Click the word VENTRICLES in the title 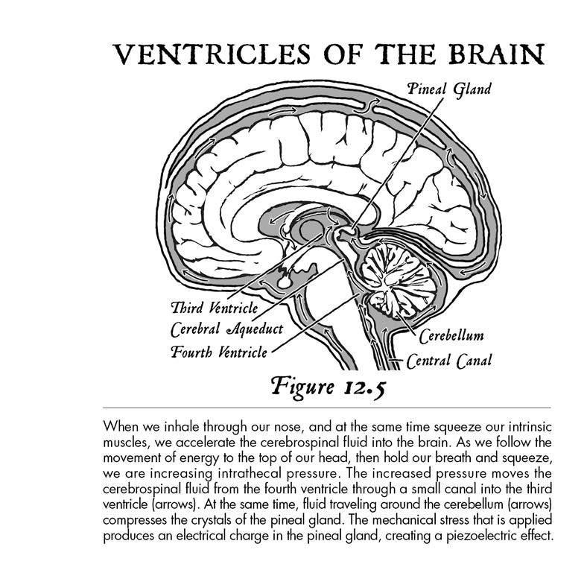212,54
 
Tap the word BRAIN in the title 496,54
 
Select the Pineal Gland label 449,89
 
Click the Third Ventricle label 215,308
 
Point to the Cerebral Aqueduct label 226,329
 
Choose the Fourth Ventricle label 219,352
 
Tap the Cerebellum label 451,336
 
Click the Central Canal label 449,361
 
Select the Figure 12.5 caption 328,387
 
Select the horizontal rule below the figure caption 327,407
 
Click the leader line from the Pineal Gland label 398,164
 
